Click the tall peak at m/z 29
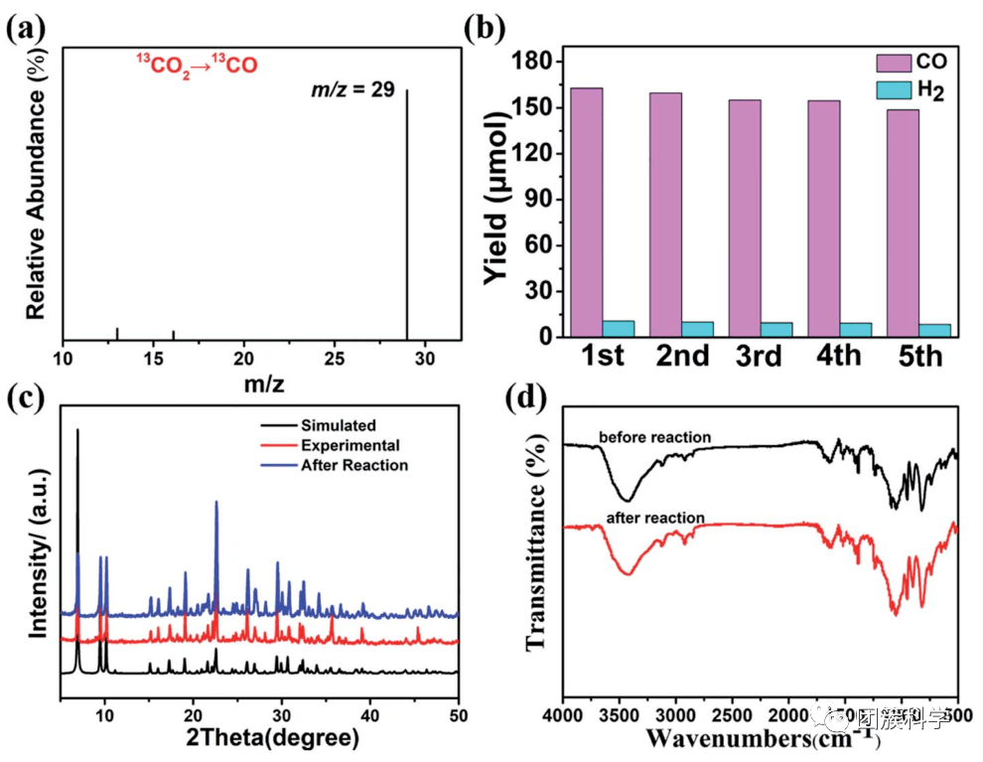(x=406, y=214)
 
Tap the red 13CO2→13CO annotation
(x=197, y=66)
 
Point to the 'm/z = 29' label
(x=353, y=90)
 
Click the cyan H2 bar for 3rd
(x=775, y=330)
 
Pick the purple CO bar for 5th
(x=903, y=223)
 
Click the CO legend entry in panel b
(x=913, y=63)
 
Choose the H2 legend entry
(x=913, y=90)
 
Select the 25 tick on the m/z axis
(x=335, y=356)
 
